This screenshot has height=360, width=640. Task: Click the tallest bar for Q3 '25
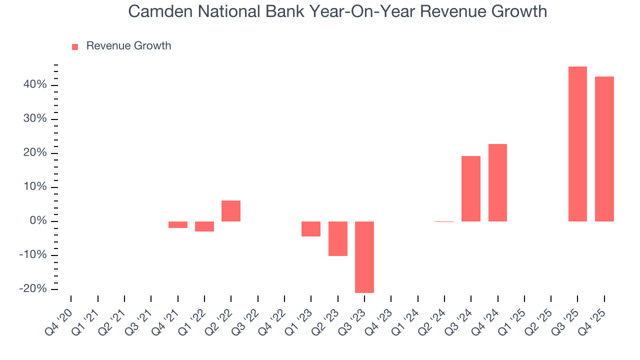(x=577, y=144)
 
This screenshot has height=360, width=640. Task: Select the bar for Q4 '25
(x=604, y=149)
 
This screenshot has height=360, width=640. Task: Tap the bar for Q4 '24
(x=497, y=182)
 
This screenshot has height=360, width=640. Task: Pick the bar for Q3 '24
(x=471, y=188)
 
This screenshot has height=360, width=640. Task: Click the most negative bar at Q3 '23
(x=364, y=257)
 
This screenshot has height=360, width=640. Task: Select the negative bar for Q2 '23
(x=337, y=238)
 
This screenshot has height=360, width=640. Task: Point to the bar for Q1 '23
(x=311, y=229)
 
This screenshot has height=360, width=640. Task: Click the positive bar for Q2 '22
(x=231, y=211)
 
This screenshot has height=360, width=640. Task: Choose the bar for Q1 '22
(x=204, y=226)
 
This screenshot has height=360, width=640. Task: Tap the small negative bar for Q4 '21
(x=178, y=224)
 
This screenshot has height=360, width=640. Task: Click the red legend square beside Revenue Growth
(x=75, y=46)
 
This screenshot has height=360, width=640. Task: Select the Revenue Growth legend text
(x=128, y=46)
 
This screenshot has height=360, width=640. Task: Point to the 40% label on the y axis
(x=34, y=85)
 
